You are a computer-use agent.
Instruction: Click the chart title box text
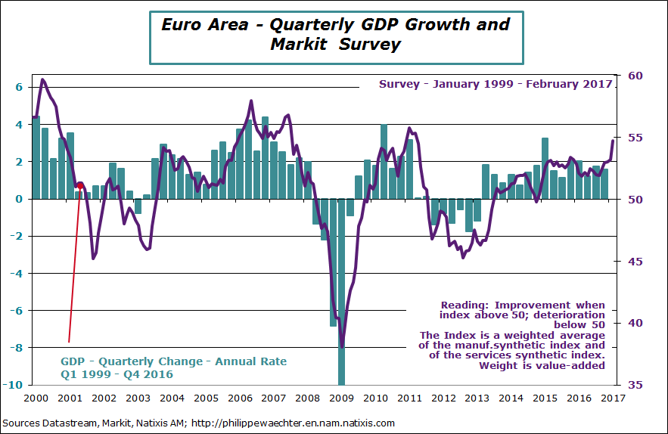(336, 34)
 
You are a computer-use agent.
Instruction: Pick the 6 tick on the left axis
(20, 87)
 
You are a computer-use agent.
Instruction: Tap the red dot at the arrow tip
(80, 185)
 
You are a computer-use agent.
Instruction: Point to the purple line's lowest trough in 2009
(342, 346)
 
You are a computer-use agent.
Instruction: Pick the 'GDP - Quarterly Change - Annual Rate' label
(174, 361)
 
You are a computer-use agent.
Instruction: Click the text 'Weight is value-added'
(542, 365)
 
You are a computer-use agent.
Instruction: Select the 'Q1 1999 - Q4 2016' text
(117, 374)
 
